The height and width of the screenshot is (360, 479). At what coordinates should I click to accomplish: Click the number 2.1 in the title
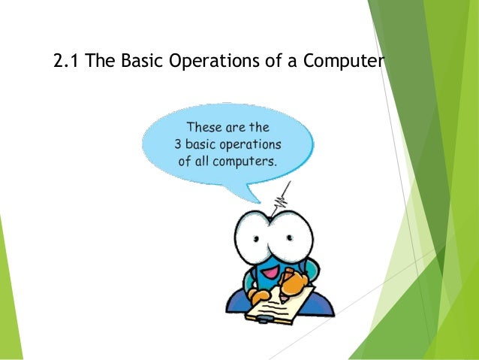point(67,61)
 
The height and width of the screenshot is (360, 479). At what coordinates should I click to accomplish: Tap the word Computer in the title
point(342,62)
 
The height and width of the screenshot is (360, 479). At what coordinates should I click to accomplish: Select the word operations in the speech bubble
point(252,144)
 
